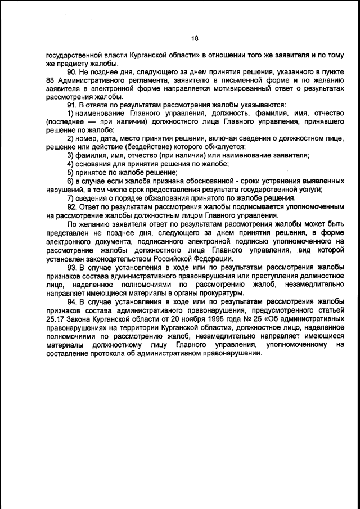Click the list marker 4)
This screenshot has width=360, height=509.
pos(71,164)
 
